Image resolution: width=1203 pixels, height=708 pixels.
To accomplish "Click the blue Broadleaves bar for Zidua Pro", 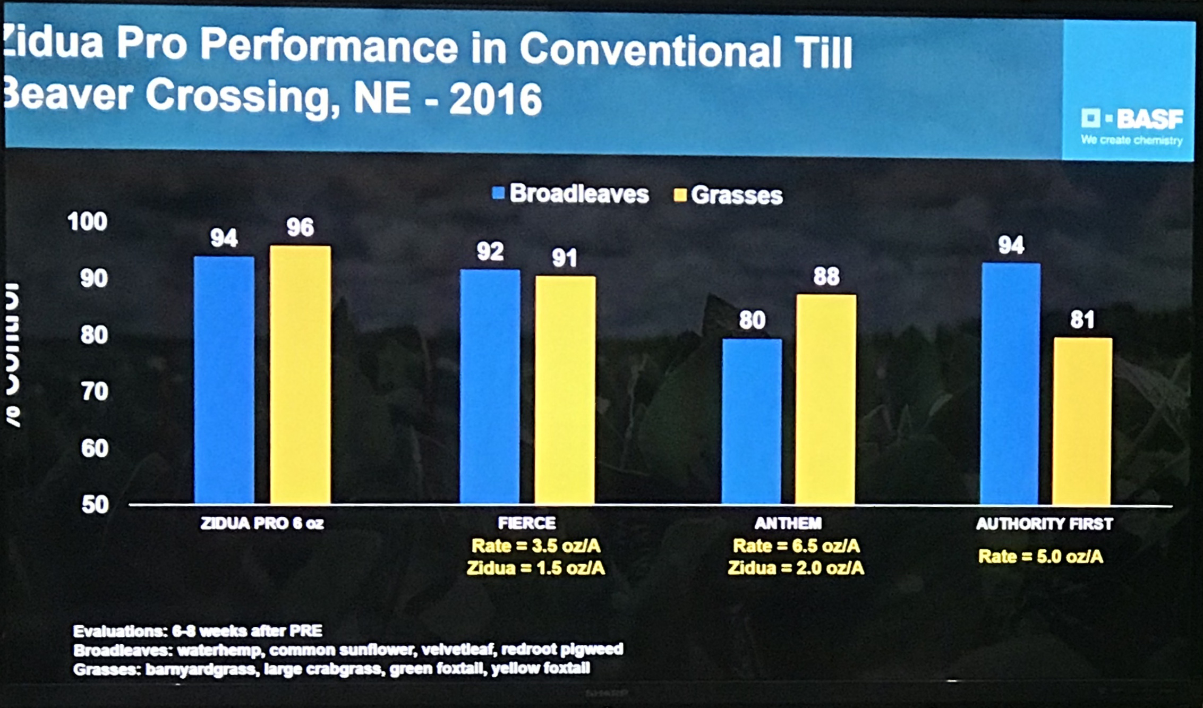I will pos(224,380).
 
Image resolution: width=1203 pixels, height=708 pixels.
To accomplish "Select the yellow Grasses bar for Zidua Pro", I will pos(300,374).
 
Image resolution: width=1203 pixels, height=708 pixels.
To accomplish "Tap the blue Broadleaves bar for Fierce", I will pos(490,386).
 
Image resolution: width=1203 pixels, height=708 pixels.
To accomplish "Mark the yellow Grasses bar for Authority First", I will pos(1082,421).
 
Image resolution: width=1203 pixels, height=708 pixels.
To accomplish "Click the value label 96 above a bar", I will pos(300,227).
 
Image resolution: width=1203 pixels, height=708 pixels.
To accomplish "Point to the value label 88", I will pos(826,276).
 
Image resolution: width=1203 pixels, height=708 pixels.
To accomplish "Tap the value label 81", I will pos(1082,320).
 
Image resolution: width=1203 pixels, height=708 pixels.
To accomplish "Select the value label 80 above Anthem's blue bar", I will pos(752,320).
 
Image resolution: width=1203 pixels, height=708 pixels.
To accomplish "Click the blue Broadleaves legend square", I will pos(498,193).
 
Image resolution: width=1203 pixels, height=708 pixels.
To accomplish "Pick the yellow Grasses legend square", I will pos(680,195).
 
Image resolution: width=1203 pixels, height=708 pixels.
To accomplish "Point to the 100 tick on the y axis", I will pos(88,221).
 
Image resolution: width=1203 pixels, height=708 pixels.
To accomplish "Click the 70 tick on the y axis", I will pos(95,391).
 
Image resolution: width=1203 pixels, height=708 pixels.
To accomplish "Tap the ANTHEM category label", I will pos(788,523).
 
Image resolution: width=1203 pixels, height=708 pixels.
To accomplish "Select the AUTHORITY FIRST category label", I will pos(1044,524).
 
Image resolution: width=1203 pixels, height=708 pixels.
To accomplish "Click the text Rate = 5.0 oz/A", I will pos(1040,557).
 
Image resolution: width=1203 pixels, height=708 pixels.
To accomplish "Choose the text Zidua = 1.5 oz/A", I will pos(535,568).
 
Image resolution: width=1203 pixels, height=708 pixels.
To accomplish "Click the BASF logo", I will pos(1132,119).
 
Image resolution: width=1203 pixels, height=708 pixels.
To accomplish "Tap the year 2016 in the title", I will pos(495,99).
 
